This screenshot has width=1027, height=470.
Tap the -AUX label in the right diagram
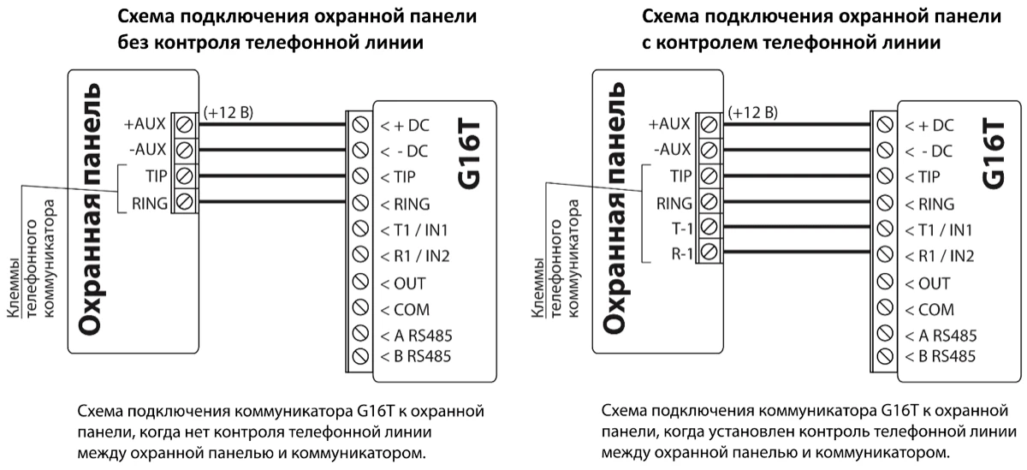(x=674, y=150)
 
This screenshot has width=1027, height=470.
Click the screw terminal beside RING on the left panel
(x=183, y=203)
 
